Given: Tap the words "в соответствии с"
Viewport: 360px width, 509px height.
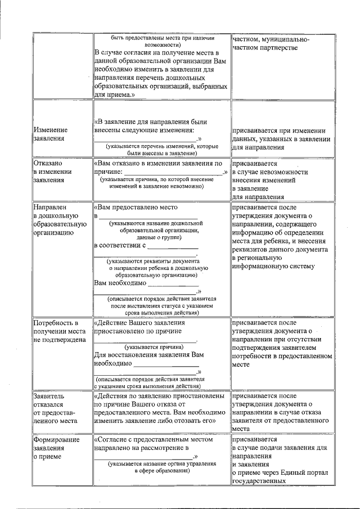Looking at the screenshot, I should (x=119, y=246).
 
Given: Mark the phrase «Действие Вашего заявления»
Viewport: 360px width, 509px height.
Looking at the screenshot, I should (x=140, y=323).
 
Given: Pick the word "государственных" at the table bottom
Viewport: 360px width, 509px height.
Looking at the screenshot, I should (x=258, y=481).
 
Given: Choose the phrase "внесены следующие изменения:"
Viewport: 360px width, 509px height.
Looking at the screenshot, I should (x=143, y=130).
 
